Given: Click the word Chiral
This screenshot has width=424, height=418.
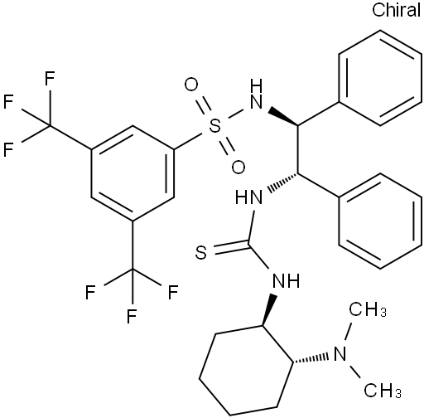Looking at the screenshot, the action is pyautogui.click(x=396, y=10).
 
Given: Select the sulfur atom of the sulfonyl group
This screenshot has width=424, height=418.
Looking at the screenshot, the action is pyautogui.click(x=214, y=127).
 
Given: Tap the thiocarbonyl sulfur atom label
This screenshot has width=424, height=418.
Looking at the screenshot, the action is pyautogui.click(x=201, y=252).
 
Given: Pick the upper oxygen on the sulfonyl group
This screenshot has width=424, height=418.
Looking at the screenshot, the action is pyautogui.click(x=191, y=85).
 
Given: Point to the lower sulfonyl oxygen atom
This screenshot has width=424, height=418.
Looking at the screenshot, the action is pyautogui.click(x=238, y=168).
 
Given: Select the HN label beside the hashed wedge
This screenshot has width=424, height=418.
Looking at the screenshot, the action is pyautogui.click(x=249, y=197).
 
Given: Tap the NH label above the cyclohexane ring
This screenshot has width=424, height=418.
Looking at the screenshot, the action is pyautogui.click(x=286, y=280).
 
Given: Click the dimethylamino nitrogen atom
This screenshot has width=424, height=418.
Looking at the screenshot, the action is pyautogui.click(x=340, y=354).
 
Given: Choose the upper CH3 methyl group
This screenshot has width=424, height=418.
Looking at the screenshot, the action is pyautogui.click(x=368, y=309).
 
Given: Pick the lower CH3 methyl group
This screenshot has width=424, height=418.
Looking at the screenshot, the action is pyautogui.click(x=383, y=390).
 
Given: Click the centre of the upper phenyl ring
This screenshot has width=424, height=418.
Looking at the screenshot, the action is pyautogui.click(x=380, y=78).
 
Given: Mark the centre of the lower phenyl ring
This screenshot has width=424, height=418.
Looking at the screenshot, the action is pyautogui.click(x=380, y=221).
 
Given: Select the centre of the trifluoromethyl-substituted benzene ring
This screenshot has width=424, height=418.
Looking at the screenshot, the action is pyautogui.click(x=132, y=173).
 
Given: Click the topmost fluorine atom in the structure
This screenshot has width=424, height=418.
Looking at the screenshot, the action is pyautogui.click(x=50, y=79).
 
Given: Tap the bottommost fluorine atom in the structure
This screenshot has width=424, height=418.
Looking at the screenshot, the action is pyautogui.click(x=132, y=315).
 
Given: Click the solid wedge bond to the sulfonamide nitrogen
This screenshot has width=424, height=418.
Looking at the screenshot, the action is pyautogui.click(x=283, y=117).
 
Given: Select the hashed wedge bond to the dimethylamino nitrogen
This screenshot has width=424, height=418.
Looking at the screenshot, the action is pyautogui.click(x=310, y=358).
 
